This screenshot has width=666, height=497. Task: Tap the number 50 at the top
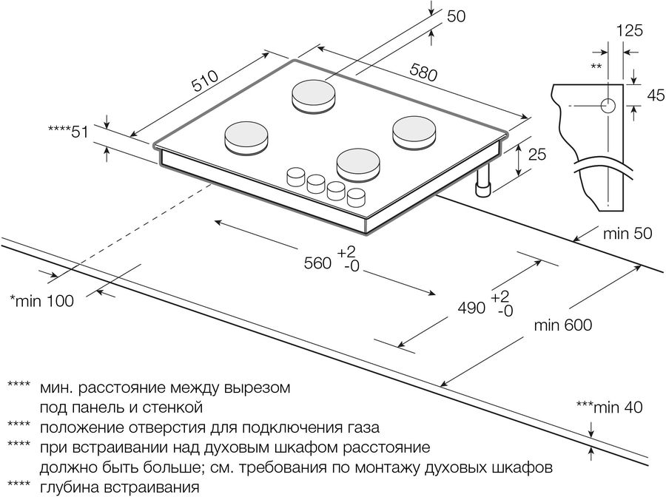pyautogui.click(x=455, y=16)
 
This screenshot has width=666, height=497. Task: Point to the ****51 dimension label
pyautogui.click(x=68, y=132)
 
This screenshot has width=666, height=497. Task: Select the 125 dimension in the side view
pyautogui.click(x=628, y=30)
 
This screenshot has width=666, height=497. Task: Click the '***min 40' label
pyautogui.click(x=608, y=406)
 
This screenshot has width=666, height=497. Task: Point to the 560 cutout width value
pyautogui.click(x=316, y=263)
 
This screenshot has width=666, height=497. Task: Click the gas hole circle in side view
pyautogui.click(x=608, y=106)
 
